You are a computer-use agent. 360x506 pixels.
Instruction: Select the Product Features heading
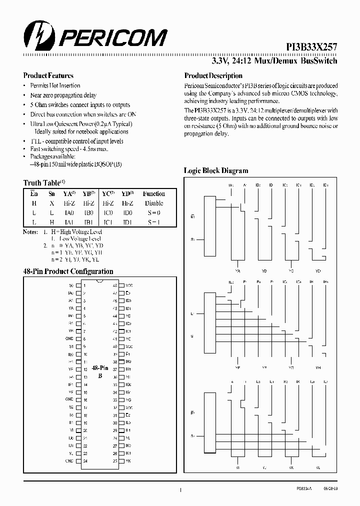48,75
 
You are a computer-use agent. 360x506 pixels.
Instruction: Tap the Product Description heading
213,75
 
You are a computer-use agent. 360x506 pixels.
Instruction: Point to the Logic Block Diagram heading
216,170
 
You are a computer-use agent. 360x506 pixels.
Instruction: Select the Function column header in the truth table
153,193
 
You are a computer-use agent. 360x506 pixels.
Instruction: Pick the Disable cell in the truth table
153,203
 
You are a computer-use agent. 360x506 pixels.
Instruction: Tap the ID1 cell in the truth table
127,222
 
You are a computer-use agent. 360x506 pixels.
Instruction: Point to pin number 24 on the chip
85,460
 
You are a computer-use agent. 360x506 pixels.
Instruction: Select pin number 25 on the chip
115,460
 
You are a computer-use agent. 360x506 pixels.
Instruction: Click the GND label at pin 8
70,338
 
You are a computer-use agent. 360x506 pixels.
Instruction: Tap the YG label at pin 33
128,400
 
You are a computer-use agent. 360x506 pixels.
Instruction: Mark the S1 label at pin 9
71,346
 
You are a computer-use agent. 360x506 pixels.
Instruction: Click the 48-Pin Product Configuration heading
68,271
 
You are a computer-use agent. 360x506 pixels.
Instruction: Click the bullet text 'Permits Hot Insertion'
55,85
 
